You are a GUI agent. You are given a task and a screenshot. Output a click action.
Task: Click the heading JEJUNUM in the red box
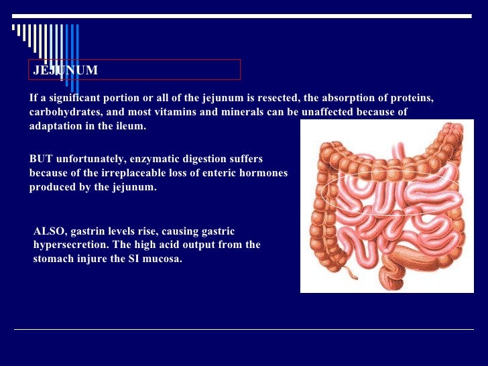pyautogui.click(x=66, y=70)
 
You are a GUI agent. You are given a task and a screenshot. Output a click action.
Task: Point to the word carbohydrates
pyautogui.click(x=64, y=112)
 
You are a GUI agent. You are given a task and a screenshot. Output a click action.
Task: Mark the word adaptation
pyautogui.click(x=56, y=126)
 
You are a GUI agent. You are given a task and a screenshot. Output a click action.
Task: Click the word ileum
pyautogui.click(x=129, y=126)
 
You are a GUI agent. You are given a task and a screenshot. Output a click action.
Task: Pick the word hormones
pyautogui.click(x=263, y=173)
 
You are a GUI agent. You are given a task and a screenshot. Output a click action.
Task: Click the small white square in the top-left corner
pyautogui.click(x=15, y=27)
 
